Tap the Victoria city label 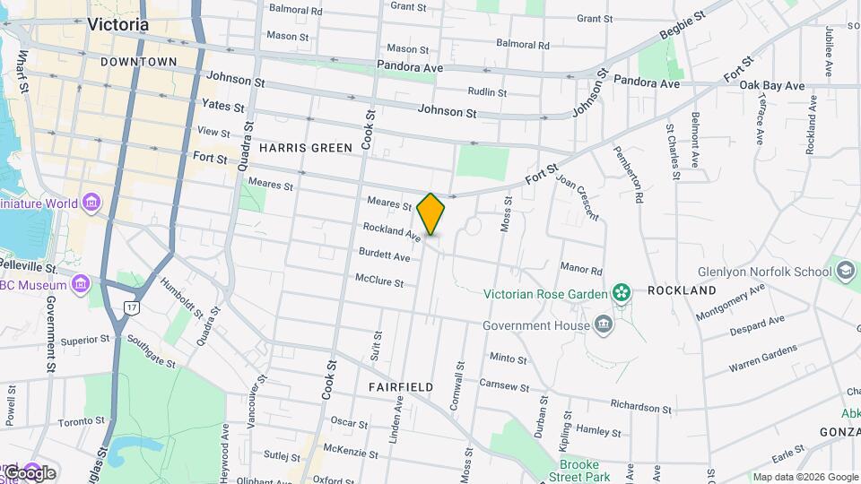click(x=118, y=25)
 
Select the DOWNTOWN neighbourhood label click(x=139, y=61)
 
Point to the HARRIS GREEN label click(x=300, y=147)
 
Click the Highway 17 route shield click(x=132, y=307)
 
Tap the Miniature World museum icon click(x=91, y=203)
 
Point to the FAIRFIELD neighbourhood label click(x=401, y=387)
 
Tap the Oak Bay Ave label click(x=772, y=85)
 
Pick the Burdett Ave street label click(x=384, y=256)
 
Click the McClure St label click(x=379, y=281)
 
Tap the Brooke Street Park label click(x=585, y=471)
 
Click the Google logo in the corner click(x=29, y=472)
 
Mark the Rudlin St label click(x=487, y=91)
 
